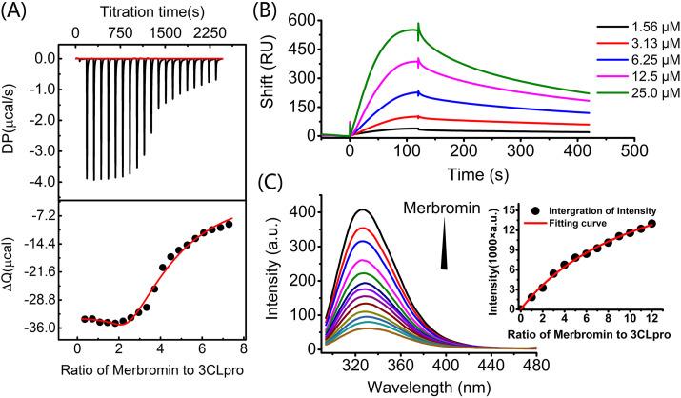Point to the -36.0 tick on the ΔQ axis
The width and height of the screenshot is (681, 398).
[47, 329]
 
